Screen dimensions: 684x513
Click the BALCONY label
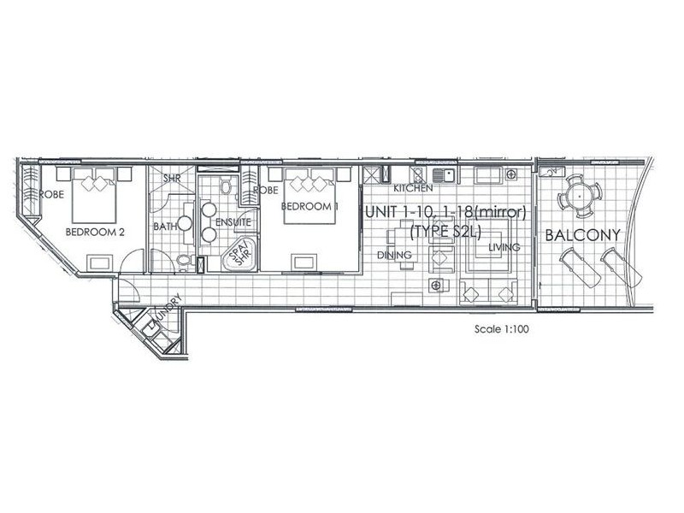(583, 235)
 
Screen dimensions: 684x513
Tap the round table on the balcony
(580, 197)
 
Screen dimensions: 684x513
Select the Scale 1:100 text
(502, 329)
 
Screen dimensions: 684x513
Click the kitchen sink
(444, 176)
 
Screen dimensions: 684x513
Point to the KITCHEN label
(413, 188)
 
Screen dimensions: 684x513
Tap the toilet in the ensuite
(226, 186)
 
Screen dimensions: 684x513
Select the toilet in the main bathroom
(185, 261)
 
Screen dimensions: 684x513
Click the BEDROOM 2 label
(95, 232)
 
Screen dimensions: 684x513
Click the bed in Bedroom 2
(94, 195)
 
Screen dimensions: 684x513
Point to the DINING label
(394, 255)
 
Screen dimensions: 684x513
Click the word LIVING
(504, 247)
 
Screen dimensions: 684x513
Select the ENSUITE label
(233, 222)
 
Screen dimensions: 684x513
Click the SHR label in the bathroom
(172, 179)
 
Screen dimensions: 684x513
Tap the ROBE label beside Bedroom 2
(51, 194)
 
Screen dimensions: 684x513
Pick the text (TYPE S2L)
(445, 232)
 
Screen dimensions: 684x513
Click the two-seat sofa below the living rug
(488, 292)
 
